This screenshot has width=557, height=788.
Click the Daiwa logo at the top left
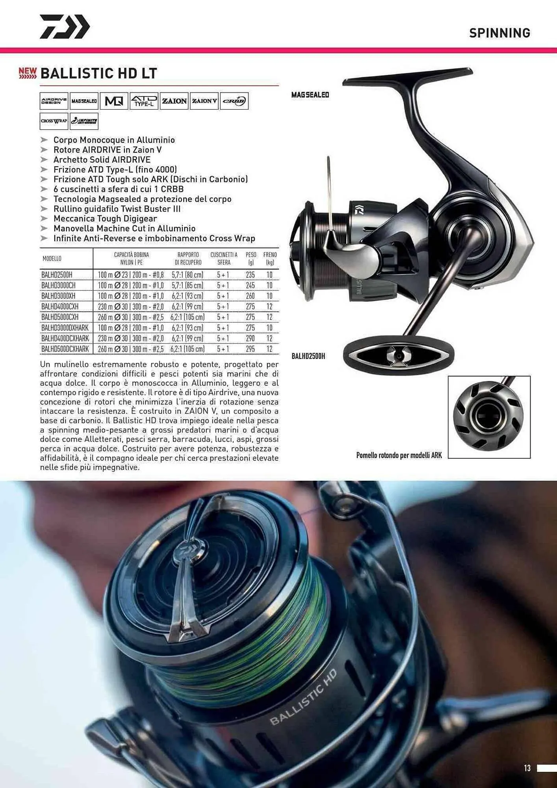[65, 27]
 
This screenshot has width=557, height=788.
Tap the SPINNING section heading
[499, 33]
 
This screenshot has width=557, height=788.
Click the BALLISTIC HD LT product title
[98, 73]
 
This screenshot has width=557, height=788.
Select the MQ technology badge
[114, 101]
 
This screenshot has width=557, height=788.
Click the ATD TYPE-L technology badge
[144, 101]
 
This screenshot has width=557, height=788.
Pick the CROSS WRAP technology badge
[54, 121]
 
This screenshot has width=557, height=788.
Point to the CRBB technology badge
[234, 101]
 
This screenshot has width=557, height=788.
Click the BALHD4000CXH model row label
[60, 307]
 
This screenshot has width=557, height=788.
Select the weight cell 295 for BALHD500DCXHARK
[250, 349]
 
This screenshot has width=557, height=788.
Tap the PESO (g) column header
[251, 258]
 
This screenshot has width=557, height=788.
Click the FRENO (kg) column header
[270, 258]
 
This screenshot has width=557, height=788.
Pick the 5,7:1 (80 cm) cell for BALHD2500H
[188, 275]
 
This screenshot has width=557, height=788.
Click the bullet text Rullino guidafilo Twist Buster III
[117, 209]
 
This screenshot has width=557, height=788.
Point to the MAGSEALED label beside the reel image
[310, 95]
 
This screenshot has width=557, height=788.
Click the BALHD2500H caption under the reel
[308, 356]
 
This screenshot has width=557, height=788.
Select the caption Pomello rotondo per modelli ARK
[399, 455]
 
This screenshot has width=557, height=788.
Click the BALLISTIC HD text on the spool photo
[303, 698]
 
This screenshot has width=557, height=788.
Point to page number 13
[527, 768]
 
